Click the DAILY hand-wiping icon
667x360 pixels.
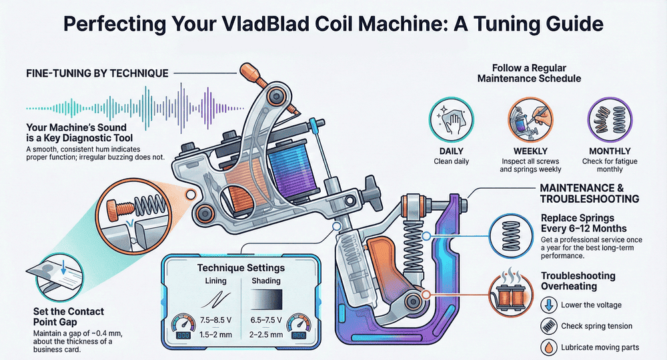(x=447, y=118)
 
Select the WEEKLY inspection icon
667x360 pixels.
(x=526, y=118)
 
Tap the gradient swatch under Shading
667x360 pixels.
(x=267, y=297)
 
